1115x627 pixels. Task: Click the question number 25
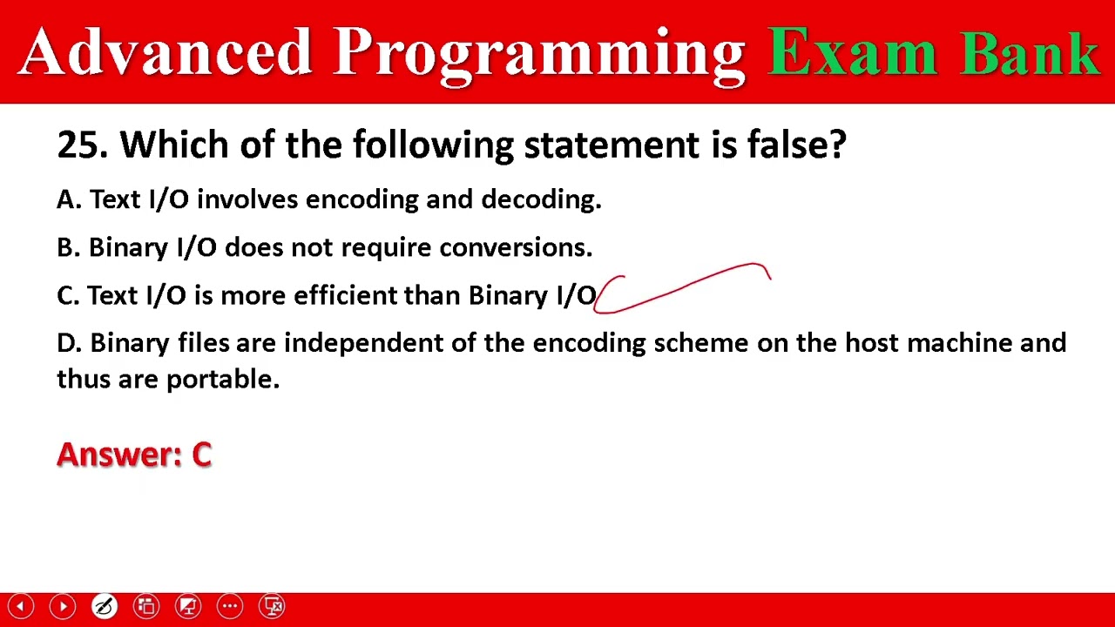(x=81, y=145)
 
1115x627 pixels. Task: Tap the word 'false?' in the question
(x=796, y=145)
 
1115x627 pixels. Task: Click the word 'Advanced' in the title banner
(x=166, y=52)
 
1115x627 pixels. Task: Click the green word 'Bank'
(x=1031, y=52)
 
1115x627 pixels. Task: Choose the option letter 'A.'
(x=69, y=199)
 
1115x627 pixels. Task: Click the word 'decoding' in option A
(x=540, y=200)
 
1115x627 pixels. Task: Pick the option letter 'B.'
(x=68, y=247)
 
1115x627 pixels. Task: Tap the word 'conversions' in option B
(x=514, y=247)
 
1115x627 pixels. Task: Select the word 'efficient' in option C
(x=346, y=295)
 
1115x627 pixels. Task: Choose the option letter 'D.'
(x=69, y=343)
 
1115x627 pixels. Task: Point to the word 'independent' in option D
(x=363, y=343)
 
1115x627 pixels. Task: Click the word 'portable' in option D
(x=221, y=380)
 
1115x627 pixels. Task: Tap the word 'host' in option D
(x=872, y=343)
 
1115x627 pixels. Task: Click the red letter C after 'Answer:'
(x=201, y=455)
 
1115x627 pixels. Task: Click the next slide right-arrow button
(x=63, y=606)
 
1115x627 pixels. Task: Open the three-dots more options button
(x=230, y=606)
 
